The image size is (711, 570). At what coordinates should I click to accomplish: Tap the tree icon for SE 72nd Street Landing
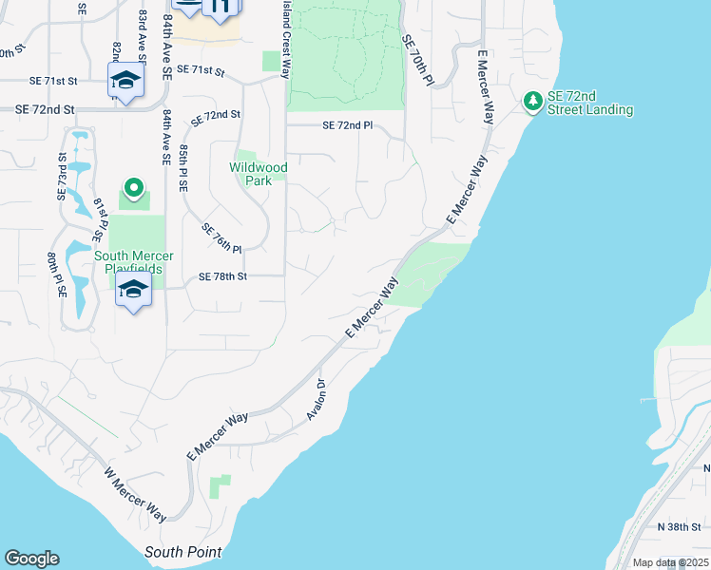coord(533,100)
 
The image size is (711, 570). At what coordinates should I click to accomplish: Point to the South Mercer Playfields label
coord(134,262)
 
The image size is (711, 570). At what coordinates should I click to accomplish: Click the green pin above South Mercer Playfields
coord(134,188)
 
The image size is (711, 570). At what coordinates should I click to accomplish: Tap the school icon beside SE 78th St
coord(134,290)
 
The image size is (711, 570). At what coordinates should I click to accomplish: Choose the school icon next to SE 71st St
coord(125,81)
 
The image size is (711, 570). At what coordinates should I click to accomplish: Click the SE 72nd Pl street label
coord(347,125)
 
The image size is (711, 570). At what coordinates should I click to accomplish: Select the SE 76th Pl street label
coord(222,237)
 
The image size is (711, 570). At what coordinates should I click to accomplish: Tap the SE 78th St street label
coord(222,276)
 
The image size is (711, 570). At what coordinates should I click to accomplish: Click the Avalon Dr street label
coord(317,400)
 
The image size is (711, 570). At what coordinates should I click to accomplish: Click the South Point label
coord(183,552)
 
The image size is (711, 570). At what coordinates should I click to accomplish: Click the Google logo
coord(31,559)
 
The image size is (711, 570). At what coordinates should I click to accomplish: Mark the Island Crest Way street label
coord(286,33)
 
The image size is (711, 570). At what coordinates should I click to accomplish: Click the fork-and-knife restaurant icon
coord(221,8)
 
